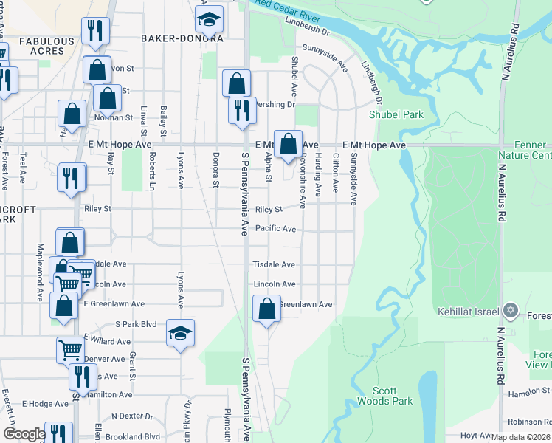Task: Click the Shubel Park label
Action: (396, 114)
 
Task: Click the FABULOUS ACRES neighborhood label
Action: (47, 46)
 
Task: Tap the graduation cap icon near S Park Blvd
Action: (180, 333)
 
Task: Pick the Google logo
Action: (24, 434)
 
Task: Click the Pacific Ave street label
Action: (275, 229)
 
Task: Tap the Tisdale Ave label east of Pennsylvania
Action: (274, 264)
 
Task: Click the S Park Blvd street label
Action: (137, 323)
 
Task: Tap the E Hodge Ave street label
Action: (45, 404)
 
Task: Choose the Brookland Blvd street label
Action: (136, 436)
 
